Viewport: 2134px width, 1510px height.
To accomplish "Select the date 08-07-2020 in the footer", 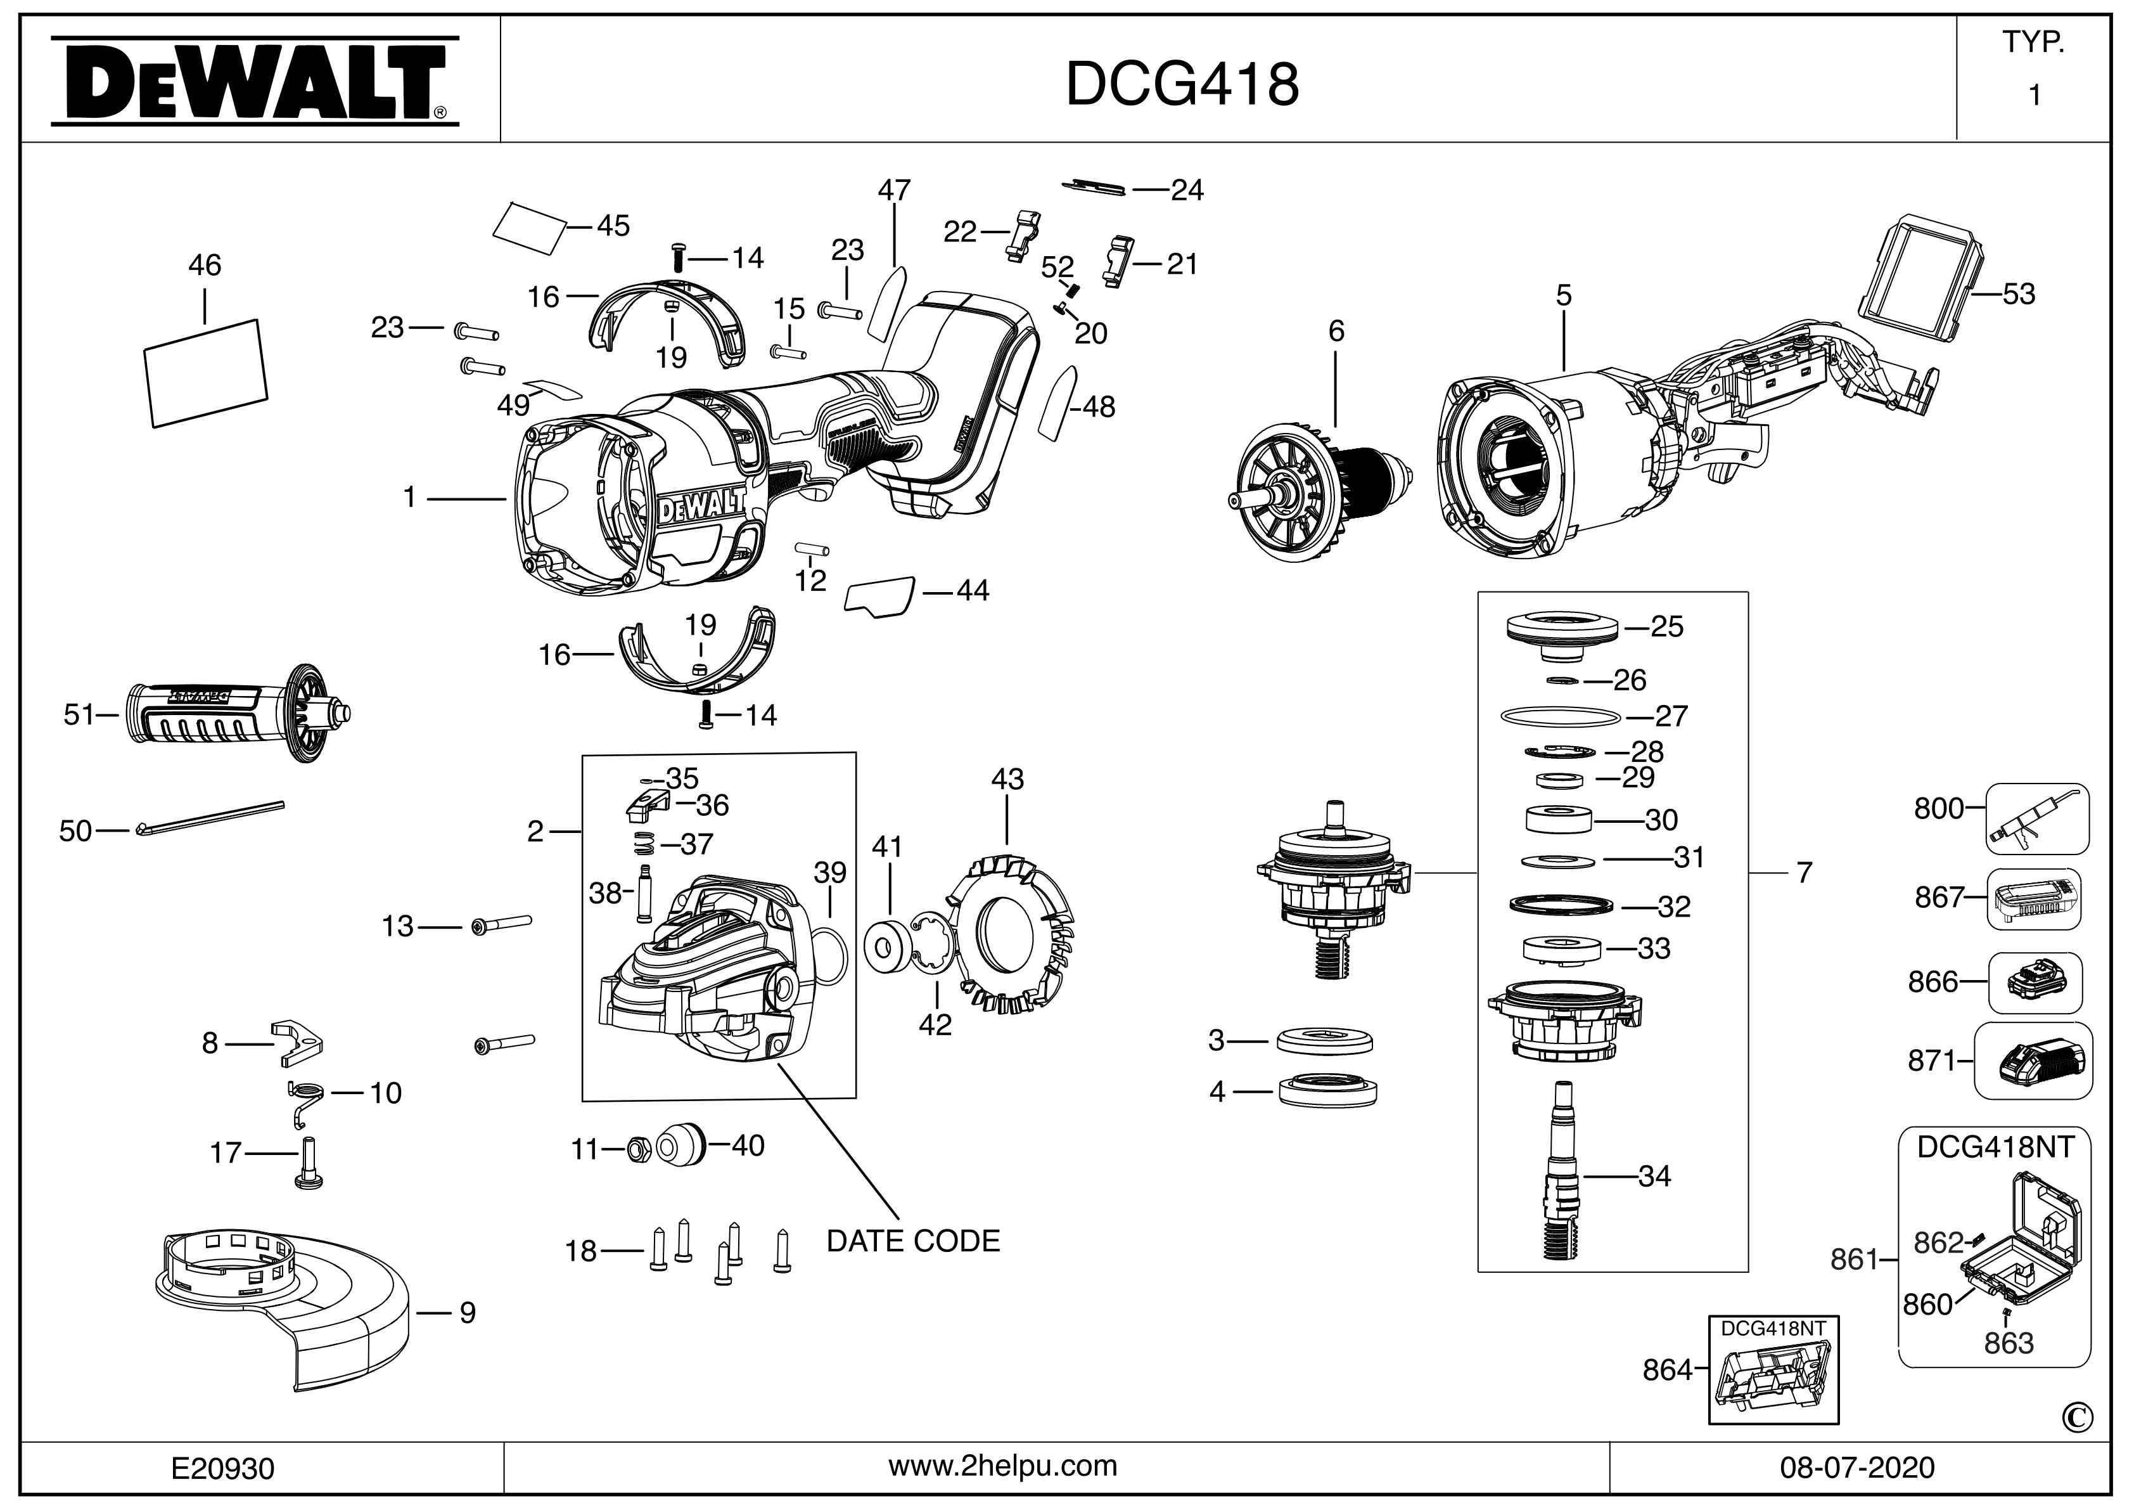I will click(1857, 1468).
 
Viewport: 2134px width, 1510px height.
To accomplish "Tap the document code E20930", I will click(223, 1469).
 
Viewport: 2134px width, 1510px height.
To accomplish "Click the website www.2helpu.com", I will click(1003, 1466).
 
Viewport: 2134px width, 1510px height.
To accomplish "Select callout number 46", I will click(205, 266).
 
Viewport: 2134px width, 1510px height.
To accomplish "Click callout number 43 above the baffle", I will click(1007, 779).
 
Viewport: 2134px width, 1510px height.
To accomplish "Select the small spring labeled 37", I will click(643, 843).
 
